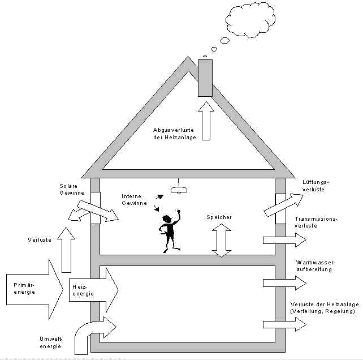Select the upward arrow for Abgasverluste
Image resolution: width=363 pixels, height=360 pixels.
coord(206,120)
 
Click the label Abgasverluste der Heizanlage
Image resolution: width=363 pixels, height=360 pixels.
coord(175,133)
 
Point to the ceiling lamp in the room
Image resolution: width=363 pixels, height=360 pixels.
coord(179,189)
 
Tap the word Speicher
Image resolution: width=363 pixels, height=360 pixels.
coord(219,217)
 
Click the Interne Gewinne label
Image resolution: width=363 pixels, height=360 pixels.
coord(135,199)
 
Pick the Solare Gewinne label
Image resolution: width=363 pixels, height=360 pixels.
coord(72,189)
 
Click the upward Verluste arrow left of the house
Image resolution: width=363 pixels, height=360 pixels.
coord(66,248)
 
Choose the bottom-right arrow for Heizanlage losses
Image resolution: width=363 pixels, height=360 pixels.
coord(284,324)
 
